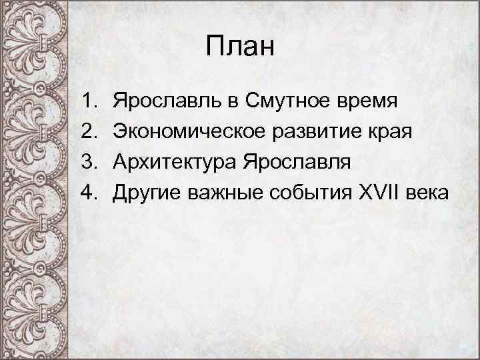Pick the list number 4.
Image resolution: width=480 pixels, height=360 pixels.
pyautogui.click(x=89, y=193)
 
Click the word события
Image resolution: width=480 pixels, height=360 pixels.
pyautogui.click(x=303, y=193)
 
